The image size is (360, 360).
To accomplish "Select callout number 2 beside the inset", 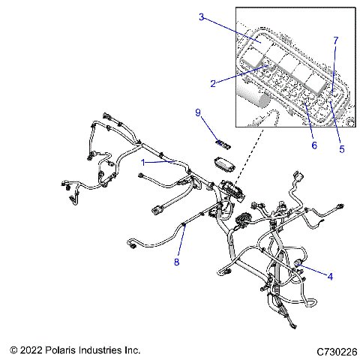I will click(214, 83).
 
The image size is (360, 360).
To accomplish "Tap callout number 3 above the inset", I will click(202, 16).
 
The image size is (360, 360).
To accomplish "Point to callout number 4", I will click(329, 275).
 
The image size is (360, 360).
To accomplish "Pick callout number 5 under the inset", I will click(341, 149).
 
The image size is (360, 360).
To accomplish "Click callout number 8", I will click(177, 262).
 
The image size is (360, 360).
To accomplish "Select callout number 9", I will click(199, 113).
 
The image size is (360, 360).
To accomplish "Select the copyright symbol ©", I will click(13, 350).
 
